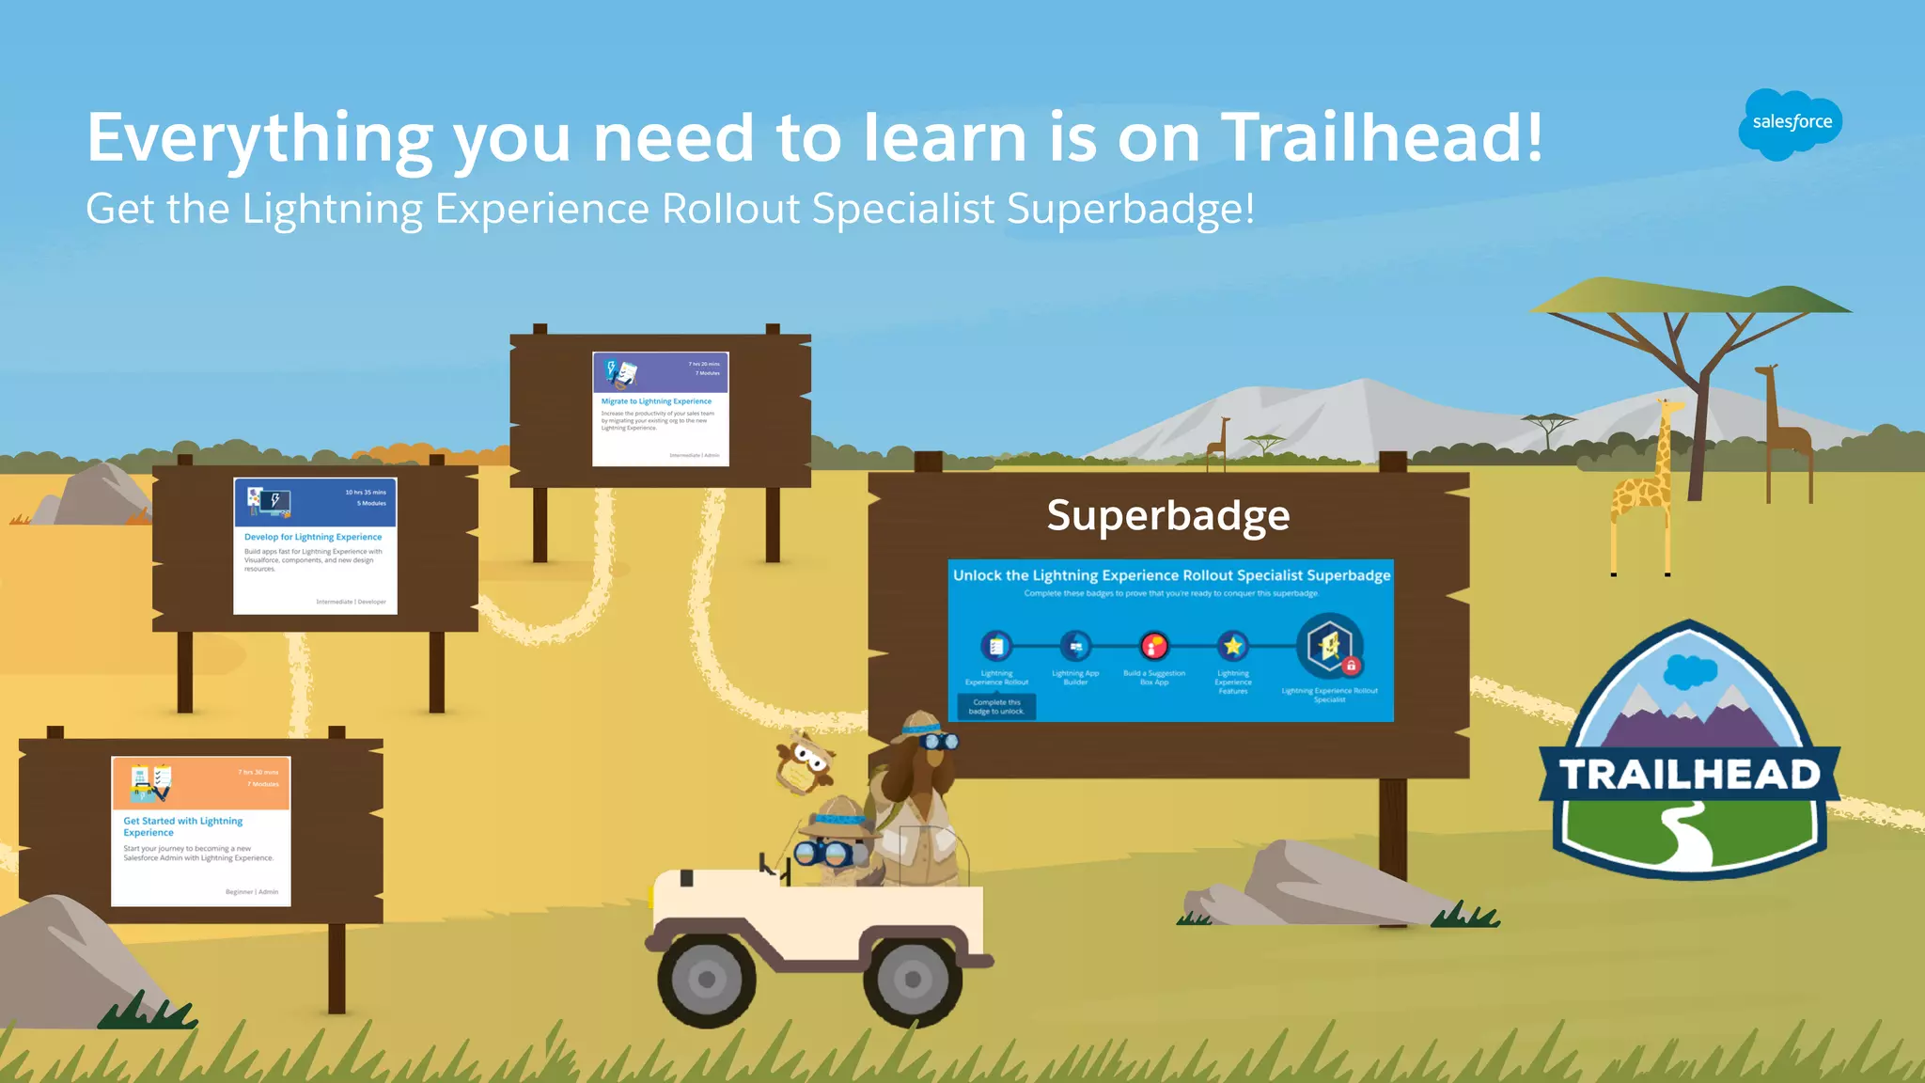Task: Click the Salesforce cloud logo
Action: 1791,123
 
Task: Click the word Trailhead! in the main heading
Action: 1382,138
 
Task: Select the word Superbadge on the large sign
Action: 1168,515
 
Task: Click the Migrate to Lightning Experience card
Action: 660,408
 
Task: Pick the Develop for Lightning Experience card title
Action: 313,537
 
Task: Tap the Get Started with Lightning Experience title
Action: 183,826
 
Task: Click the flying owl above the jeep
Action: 805,761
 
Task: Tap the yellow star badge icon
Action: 1233,646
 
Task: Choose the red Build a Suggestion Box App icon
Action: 1154,646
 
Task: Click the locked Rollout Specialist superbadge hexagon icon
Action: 1329,646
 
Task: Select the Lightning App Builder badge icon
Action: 1075,646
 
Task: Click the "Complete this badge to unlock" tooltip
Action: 996,707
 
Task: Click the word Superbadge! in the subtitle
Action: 1131,209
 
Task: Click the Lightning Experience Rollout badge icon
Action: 996,646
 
